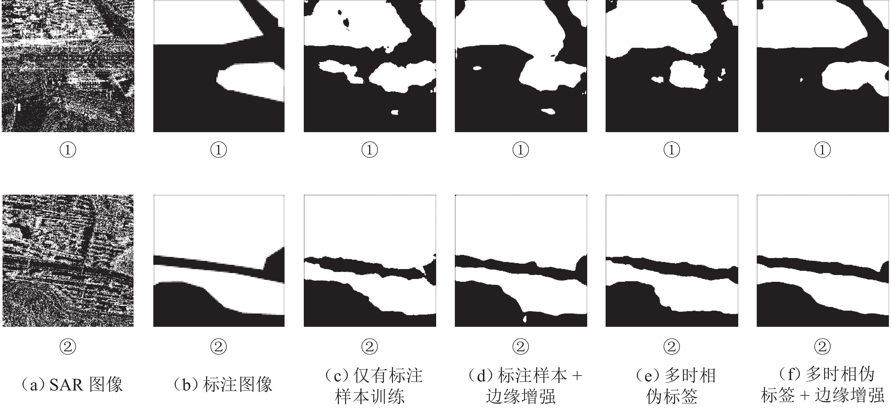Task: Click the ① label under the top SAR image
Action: click(x=68, y=150)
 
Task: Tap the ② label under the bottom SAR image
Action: click(x=68, y=346)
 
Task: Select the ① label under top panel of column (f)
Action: click(x=823, y=150)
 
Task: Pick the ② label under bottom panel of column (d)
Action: click(x=520, y=346)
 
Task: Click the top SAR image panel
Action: click(x=68, y=66)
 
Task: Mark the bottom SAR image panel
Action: click(x=68, y=261)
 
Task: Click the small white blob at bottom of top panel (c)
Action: click(x=395, y=112)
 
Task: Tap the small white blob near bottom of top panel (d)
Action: click(x=548, y=111)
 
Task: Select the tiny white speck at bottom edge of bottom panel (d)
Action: click(x=525, y=319)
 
